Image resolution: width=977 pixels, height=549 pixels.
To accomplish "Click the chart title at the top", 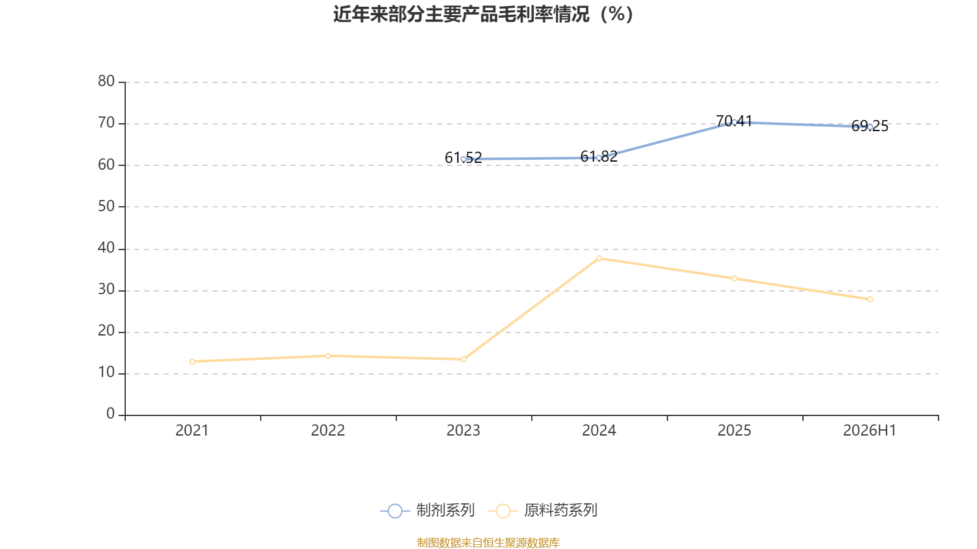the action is (x=483, y=15).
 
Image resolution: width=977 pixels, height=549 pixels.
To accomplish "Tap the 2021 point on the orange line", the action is (x=192, y=362).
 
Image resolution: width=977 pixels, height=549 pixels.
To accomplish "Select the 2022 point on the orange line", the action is (x=328, y=356).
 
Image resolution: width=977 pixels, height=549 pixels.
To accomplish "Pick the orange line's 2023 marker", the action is (x=463, y=359).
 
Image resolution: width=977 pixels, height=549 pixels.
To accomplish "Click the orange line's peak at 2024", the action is (x=599, y=259).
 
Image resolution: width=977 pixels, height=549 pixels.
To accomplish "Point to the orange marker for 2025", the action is (x=735, y=278).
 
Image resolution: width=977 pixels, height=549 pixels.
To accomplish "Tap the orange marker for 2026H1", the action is (x=870, y=300).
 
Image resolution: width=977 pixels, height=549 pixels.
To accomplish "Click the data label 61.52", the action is (x=463, y=157).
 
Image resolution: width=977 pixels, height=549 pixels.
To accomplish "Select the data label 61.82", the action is (x=599, y=156).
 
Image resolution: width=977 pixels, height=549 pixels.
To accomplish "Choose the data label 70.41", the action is (x=735, y=121).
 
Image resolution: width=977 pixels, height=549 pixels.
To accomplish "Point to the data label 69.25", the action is (x=870, y=126).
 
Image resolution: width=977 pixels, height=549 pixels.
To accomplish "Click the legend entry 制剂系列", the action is (x=427, y=510).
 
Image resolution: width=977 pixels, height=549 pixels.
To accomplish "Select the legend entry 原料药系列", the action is (x=543, y=510).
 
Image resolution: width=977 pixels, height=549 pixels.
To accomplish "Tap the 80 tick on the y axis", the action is (x=106, y=81).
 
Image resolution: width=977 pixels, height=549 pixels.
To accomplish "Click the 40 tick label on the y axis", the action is (x=106, y=248).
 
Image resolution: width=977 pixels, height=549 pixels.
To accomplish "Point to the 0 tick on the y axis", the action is (x=111, y=414).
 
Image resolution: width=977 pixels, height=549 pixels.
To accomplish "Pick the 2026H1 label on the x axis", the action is (x=870, y=431).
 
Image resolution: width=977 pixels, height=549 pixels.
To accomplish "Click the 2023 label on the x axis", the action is (x=463, y=431).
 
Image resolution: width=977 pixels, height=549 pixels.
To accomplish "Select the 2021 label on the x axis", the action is (x=192, y=431).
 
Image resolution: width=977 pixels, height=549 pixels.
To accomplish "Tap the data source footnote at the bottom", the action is (x=488, y=542).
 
